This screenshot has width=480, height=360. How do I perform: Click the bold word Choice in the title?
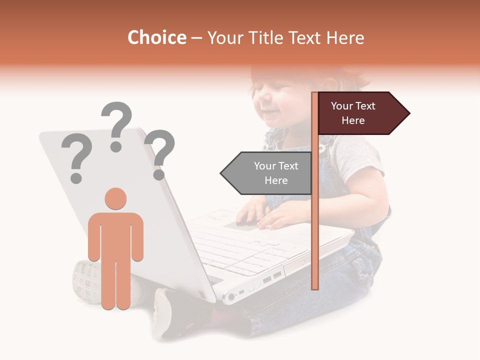pyautogui.click(x=156, y=38)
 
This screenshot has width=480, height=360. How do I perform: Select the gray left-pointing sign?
pyautogui.click(x=267, y=173)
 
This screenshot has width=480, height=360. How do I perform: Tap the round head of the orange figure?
pyautogui.click(x=115, y=198)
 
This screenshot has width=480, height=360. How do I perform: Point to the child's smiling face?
pyautogui.click(x=280, y=100)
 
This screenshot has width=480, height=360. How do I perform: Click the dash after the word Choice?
pyautogui.click(x=196, y=38)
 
